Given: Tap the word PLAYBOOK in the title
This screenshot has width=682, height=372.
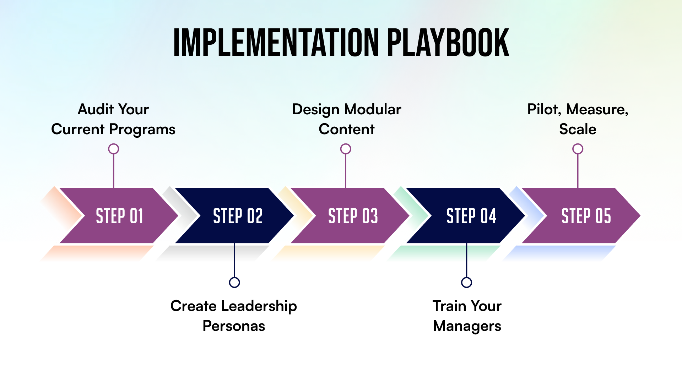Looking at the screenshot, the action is point(448,43).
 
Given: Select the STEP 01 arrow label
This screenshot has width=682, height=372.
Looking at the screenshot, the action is point(119,216).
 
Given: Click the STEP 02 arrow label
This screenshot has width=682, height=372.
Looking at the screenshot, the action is point(238,216).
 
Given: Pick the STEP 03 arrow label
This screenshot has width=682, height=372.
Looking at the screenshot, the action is point(353,216).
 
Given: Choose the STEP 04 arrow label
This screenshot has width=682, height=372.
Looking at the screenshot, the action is point(471,216).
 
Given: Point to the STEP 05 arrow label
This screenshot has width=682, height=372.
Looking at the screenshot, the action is point(586,216).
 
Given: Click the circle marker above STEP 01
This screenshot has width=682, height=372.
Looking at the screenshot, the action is point(114,149).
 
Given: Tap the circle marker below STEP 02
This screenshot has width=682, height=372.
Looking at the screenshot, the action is point(234,282).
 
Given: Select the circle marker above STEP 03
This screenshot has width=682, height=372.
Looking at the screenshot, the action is point(346,149).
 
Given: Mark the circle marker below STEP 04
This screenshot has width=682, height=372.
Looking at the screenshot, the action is point(466,282).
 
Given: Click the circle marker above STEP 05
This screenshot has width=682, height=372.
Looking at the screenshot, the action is point(578,149).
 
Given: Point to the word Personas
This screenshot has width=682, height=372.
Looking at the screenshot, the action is point(234,326).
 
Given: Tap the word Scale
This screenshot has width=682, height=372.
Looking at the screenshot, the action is point(578,129).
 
